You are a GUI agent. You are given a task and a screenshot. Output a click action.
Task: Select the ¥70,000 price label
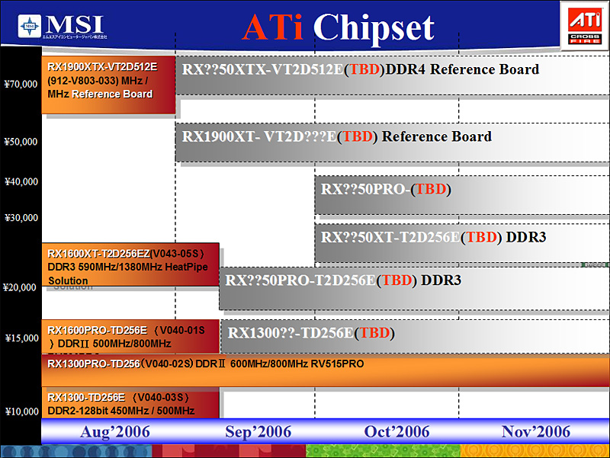[x=21, y=84]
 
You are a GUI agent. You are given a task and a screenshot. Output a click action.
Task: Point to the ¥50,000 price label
[x=21, y=141]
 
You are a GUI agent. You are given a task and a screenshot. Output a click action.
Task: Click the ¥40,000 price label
[x=21, y=181]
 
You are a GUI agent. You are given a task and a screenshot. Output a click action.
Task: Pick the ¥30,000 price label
[x=21, y=218]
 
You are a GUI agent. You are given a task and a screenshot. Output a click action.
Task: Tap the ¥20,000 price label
[x=21, y=287]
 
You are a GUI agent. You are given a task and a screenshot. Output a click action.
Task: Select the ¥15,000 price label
[x=21, y=338]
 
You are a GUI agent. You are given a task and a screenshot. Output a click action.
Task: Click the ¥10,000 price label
[x=21, y=412]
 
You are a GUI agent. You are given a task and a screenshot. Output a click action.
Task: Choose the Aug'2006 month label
[x=115, y=432]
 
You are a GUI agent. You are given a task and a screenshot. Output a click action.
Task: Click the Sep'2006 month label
[x=258, y=432]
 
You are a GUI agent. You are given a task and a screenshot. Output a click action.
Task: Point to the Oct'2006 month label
[x=397, y=432]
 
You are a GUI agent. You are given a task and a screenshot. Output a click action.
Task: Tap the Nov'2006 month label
[x=536, y=432]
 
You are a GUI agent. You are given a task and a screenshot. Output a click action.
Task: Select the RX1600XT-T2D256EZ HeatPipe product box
[x=130, y=264]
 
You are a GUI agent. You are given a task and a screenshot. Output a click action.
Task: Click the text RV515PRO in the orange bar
[x=336, y=364]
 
